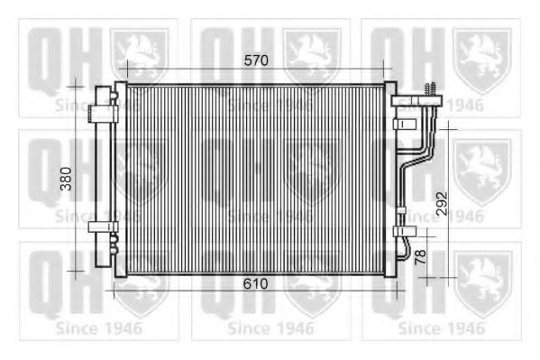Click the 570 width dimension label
pos(256,60)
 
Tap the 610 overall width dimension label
pos(255,284)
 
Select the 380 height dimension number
pos(66,179)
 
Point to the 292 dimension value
pos(443,203)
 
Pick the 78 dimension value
pos(420,257)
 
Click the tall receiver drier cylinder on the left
pos(103,176)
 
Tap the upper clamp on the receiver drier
pos(103,114)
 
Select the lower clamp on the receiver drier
pos(103,226)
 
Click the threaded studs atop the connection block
pos(431,89)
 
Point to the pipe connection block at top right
pos(416,101)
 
